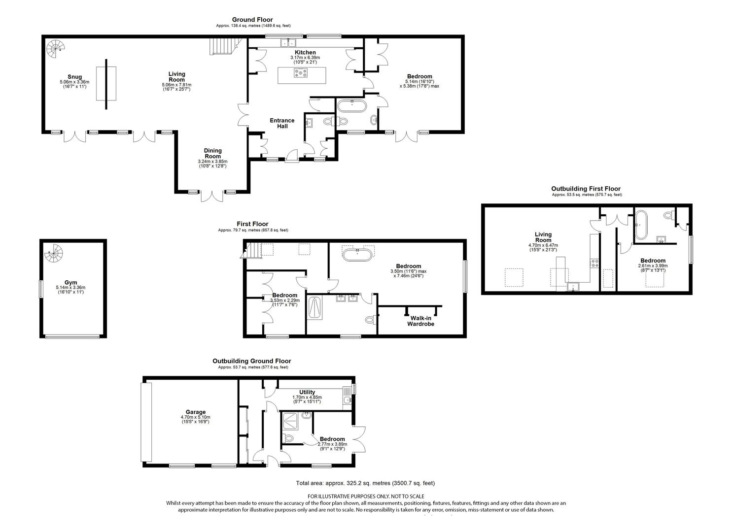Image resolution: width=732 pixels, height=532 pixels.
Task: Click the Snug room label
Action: point(74,77)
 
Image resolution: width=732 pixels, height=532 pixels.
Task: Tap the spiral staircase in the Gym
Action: point(54,253)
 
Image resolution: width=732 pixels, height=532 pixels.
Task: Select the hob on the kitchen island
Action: point(300,72)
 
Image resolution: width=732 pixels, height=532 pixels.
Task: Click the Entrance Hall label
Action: point(282,123)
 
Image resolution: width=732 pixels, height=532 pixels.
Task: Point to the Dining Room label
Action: point(213,153)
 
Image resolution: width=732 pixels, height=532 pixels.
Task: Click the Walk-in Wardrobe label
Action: point(420,321)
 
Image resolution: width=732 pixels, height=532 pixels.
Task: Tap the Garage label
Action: point(195,412)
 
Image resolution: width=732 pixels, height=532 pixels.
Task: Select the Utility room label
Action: point(307,392)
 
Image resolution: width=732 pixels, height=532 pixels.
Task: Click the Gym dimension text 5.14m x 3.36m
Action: point(70,287)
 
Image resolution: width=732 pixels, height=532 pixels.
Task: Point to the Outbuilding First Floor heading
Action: point(586,189)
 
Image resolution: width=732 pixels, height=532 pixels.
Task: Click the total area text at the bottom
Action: point(365,483)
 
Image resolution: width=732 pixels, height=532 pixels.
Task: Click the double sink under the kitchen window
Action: point(288,43)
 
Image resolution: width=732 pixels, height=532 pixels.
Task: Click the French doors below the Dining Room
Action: point(212,196)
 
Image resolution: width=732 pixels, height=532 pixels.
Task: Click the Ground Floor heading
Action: point(252,20)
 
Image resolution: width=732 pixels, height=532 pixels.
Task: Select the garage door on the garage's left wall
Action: point(146,422)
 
